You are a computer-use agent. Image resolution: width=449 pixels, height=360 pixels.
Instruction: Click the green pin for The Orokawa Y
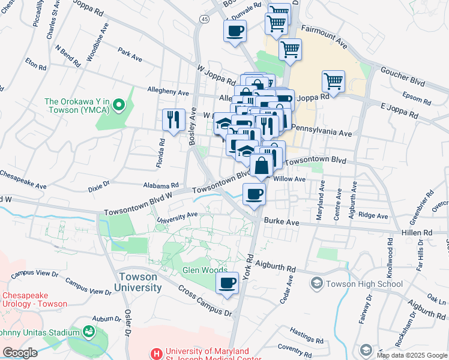pyautogui.click(x=119, y=106)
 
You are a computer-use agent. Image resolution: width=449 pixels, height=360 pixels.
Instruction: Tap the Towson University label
pyautogui.click(x=139, y=282)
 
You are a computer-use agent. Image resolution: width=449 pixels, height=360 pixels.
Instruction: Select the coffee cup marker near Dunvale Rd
pyautogui.click(x=235, y=31)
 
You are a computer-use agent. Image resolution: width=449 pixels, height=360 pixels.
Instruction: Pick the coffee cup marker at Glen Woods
pyautogui.click(x=227, y=283)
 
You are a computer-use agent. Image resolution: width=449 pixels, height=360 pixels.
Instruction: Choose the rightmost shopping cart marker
pyautogui.click(x=333, y=81)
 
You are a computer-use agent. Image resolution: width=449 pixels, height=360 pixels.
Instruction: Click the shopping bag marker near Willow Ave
pyautogui.click(x=261, y=166)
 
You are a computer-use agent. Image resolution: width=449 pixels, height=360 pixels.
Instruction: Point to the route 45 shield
pyautogui.click(x=205, y=20)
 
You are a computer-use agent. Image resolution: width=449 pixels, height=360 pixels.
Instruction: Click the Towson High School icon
pyautogui.click(x=316, y=283)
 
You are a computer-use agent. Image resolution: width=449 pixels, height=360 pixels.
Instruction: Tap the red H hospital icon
pyautogui.click(x=157, y=354)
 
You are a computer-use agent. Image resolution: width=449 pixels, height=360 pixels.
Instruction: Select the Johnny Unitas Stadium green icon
pyautogui.click(x=89, y=331)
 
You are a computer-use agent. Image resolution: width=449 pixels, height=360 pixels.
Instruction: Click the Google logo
pyautogui.click(x=20, y=353)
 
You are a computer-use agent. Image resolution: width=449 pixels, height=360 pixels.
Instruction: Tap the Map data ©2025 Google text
pyautogui.click(x=411, y=355)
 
